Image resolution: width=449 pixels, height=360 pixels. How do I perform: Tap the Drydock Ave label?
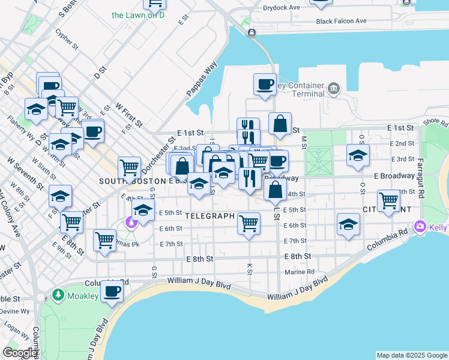(x=282, y=8)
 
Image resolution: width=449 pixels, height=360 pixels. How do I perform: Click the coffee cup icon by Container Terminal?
(x=264, y=84)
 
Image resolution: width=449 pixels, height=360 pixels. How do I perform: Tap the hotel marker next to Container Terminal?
(x=333, y=90)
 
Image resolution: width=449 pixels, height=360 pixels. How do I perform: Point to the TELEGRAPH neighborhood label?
(x=208, y=215)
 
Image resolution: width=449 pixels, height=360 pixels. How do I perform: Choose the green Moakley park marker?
(x=58, y=295)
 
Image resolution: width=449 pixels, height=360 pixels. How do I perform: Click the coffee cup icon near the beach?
(x=111, y=291)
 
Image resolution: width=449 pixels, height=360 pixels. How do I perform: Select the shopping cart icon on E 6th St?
(x=249, y=223)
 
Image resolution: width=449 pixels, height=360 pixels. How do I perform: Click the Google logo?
(x=20, y=353)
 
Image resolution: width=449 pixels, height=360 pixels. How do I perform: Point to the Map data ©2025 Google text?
(x=412, y=355)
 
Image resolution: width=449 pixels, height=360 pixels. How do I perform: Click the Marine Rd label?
(x=300, y=272)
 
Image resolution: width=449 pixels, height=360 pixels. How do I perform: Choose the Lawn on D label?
(x=138, y=15)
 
